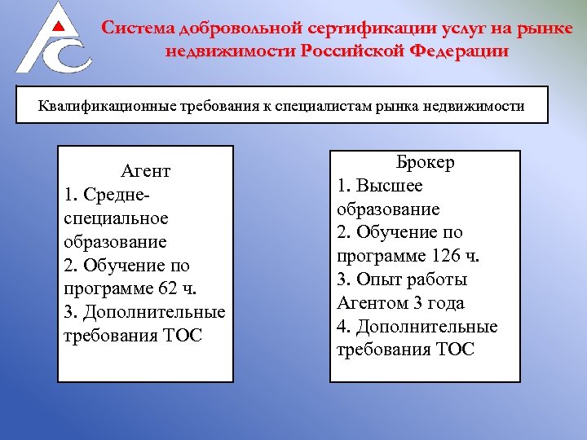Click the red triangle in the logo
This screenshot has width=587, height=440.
(x=57, y=26)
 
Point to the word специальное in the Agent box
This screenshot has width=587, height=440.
(x=115, y=218)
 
